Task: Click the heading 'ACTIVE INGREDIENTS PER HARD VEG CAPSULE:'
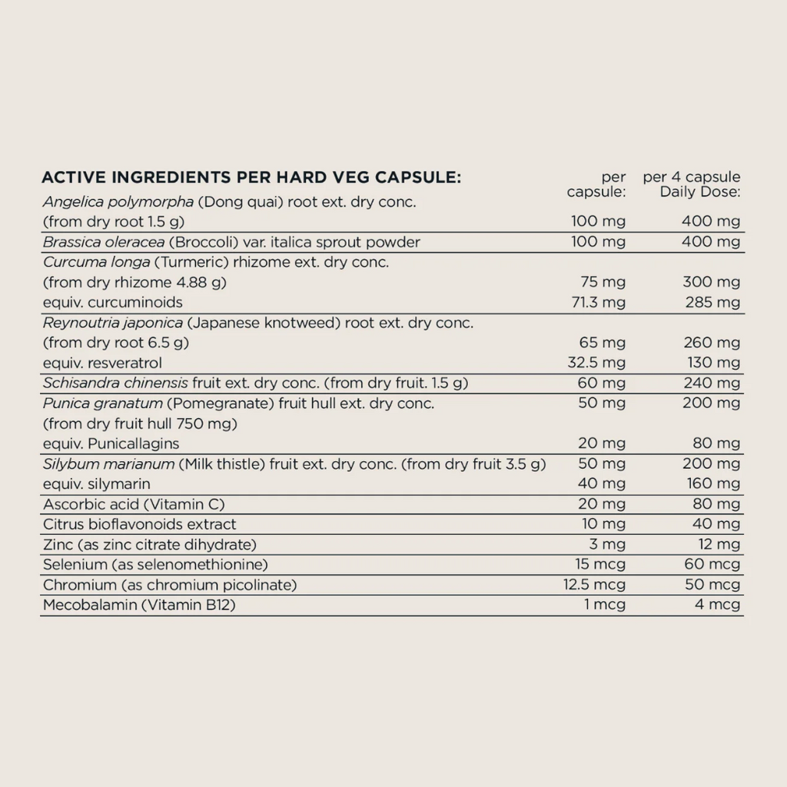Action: click(x=251, y=178)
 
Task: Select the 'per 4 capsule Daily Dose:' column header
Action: click(x=692, y=184)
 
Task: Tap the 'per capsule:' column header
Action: click(x=597, y=184)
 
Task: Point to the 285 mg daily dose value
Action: click(x=712, y=302)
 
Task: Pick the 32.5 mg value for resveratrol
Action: click(x=596, y=362)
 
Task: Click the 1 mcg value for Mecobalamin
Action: click(x=605, y=605)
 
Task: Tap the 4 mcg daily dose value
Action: click(x=718, y=605)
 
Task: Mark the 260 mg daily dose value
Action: click(x=712, y=342)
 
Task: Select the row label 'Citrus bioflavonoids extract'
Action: click(x=139, y=524)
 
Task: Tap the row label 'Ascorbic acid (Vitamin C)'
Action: click(x=134, y=504)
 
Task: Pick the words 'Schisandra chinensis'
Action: click(x=115, y=383)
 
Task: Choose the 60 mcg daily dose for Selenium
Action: click(x=712, y=564)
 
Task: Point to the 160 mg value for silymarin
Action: click(x=712, y=483)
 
